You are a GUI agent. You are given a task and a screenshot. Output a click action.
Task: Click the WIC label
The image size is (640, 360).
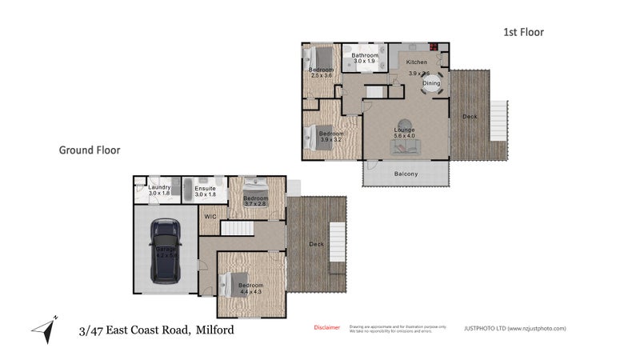pos(211,216)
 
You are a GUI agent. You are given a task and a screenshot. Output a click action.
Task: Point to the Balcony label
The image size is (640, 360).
pos(406,174)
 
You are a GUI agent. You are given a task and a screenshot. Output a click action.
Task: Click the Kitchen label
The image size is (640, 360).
pos(417,62)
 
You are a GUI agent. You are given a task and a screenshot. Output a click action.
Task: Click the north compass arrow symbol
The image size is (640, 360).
pos(45,328)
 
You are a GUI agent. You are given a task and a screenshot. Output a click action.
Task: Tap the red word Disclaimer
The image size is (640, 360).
pos(326,327)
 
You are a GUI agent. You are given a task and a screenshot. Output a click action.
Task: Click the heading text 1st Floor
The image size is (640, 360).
pos(523,32)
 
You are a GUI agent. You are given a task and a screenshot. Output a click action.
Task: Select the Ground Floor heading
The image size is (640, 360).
pos(90,150)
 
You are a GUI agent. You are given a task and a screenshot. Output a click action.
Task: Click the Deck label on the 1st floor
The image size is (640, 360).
pos(469,118)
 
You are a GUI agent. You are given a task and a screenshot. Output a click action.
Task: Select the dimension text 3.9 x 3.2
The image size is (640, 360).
pos(330,140)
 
